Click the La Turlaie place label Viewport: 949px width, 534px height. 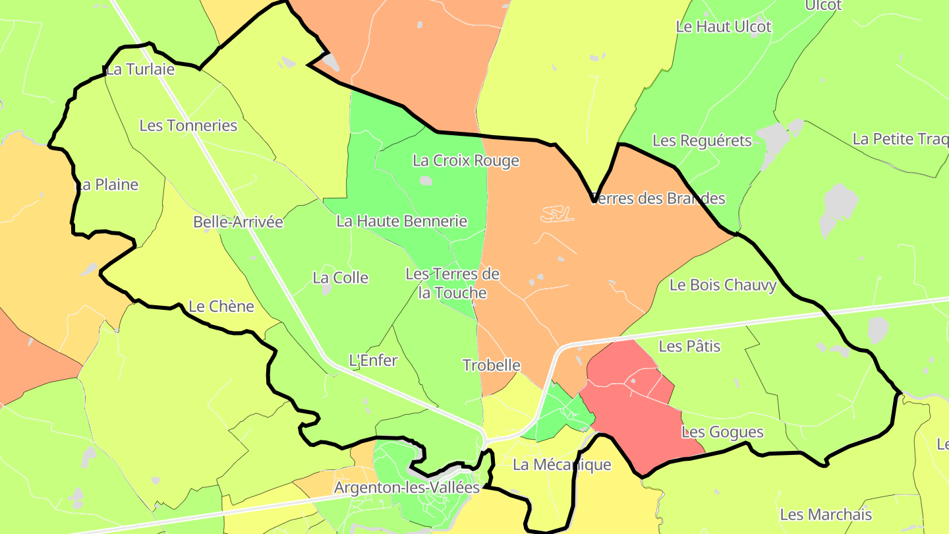pyautogui.click(x=140, y=70)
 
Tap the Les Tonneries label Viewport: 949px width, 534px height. pyautogui.click(x=188, y=125)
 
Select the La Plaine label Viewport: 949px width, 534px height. pyautogui.click(x=107, y=185)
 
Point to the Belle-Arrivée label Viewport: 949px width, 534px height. pyautogui.click(x=238, y=222)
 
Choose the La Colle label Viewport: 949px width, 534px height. pyautogui.click(x=340, y=278)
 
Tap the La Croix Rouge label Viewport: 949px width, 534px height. pyautogui.click(x=466, y=160)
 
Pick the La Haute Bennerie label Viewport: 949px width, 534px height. pyautogui.click(x=401, y=222)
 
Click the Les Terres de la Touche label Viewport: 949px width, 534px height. pyautogui.click(x=452, y=283)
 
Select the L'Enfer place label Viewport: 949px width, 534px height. pyautogui.click(x=373, y=361)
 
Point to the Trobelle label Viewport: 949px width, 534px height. pyautogui.click(x=492, y=365)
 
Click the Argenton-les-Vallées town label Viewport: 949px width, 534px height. pyautogui.click(x=407, y=488)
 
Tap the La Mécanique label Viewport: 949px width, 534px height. pyautogui.click(x=561, y=465)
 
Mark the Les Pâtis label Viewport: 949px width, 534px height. pyautogui.click(x=689, y=346)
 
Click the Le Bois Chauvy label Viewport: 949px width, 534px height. pyautogui.click(x=723, y=285)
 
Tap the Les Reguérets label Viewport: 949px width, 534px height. pyautogui.click(x=702, y=140)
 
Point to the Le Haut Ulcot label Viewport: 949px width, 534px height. pyautogui.click(x=724, y=27)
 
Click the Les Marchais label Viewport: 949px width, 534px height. pyautogui.click(x=826, y=515)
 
